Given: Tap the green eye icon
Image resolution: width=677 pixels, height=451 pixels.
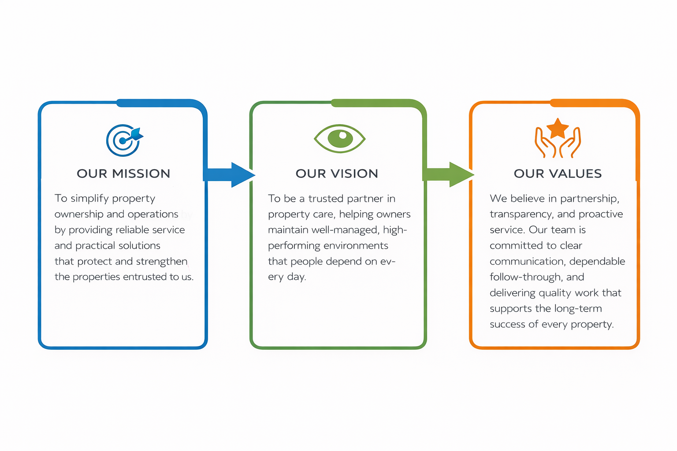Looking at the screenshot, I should tap(339, 138).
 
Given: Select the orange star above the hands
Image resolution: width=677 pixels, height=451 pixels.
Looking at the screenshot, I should tap(558, 128).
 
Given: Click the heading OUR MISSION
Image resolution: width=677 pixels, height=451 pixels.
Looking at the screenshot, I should tap(123, 174).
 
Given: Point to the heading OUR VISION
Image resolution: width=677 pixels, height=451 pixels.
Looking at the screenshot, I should tap(337, 174).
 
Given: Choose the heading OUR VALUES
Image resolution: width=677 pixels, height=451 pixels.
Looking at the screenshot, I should tap(558, 174).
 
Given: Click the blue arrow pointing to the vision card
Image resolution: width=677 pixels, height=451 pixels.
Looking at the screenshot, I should tap(229, 175).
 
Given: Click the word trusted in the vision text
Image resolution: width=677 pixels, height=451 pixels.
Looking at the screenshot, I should tap(326, 199).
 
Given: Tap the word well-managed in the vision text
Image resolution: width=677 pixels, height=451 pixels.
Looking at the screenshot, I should tap(345, 230).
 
